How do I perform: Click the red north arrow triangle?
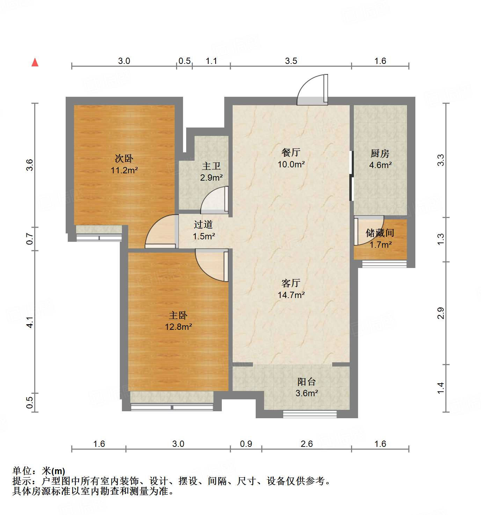tap(35, 63)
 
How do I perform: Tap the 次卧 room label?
tap(124, 159)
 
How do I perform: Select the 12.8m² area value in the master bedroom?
tap(178, 327)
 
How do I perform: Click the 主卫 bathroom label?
tap(211, 166)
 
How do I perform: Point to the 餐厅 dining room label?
tap(291, 153)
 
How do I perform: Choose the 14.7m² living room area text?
tap(291, 295)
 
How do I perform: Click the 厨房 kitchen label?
tap(380, 153)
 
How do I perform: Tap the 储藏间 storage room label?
tap(380, 233)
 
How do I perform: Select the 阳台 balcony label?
tap(306, 382)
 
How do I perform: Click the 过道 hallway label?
tap(203, 225)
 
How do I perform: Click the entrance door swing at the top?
tap(312, 90)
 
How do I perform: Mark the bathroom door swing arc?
tap(214, 200)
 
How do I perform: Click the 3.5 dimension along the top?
tap(291, 61)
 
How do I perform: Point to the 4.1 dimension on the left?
tap(30, 322)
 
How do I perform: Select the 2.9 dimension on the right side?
tap(441, 313)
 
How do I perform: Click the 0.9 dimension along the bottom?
tap(246, 444)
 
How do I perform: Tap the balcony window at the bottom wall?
tap(309, 414)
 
